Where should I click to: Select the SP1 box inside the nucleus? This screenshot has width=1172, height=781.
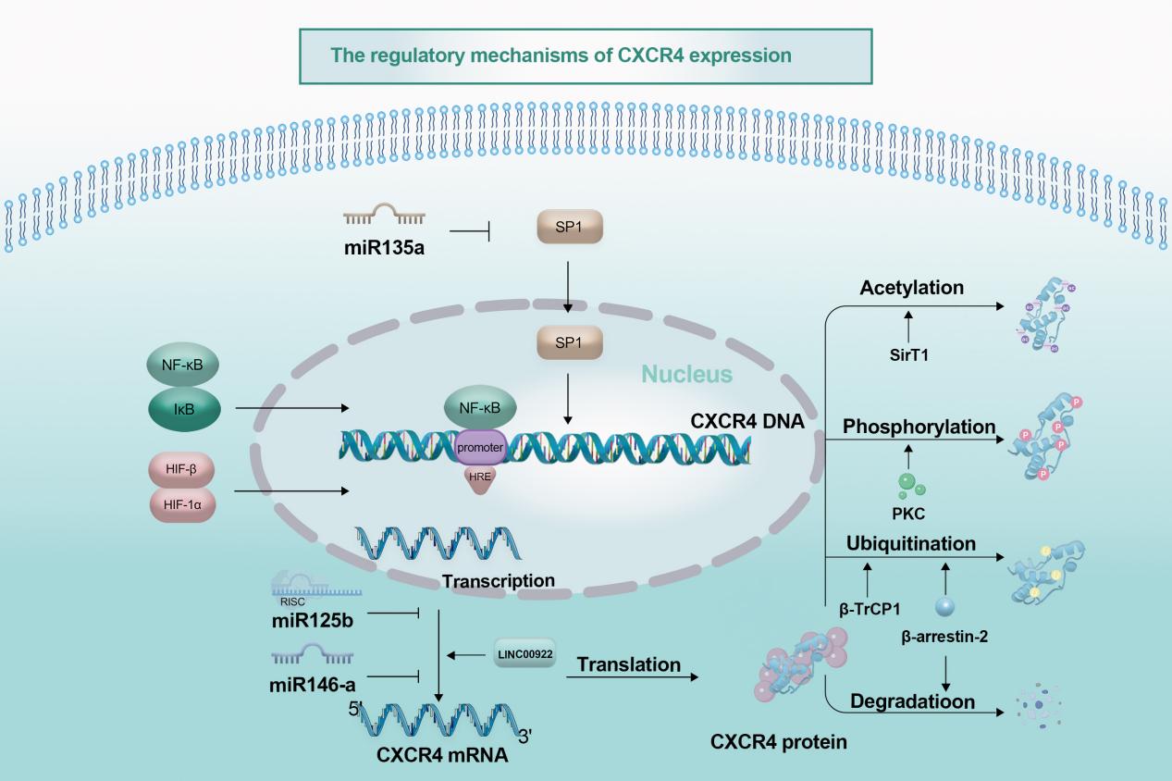pos(567,343)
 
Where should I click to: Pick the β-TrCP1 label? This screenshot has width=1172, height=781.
pos(869,610)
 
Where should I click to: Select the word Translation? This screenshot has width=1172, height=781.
pos(628,663)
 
